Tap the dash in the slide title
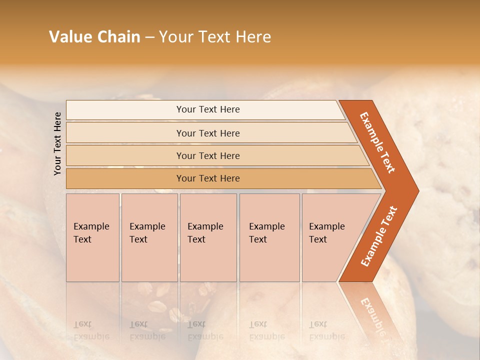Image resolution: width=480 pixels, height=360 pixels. pyautogui.click(x=149, y=37)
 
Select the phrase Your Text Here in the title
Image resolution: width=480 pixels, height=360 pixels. pyautogui.click(x=215, y=37)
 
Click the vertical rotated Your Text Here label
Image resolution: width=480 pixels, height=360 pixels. pyautogui.click(x=57, y=143)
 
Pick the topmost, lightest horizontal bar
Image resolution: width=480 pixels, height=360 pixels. pyautogui.click(x=207, y=109)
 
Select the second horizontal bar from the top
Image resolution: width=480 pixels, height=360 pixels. pyautogui.click(x=207, y=133)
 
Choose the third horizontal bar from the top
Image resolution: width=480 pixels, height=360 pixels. pyautogui.click(x=207, y=155)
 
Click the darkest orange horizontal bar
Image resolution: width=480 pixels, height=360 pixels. pyautogui.click(x=207, y=178)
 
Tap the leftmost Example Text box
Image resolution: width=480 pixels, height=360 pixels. pyautogui.click(x=92, y=237)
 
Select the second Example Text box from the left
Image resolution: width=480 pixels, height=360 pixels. pyautogui.click(x=149, y=237)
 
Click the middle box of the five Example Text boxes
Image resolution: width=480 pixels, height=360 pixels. pyautogui.click(x=208, y=237)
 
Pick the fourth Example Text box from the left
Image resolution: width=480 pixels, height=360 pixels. pyautogui.click(x=269, y=237)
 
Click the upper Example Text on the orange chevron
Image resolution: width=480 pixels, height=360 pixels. pyautogui.click(x=377, y=142)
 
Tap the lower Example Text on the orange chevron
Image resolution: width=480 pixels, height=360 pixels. pyautogui.click(x=379, y=236)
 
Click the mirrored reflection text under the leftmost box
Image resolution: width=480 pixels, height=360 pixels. pyautogui.click(x=91, y=330)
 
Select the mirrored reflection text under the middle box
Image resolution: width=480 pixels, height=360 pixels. pyautogui.click(x=205, y=330)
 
